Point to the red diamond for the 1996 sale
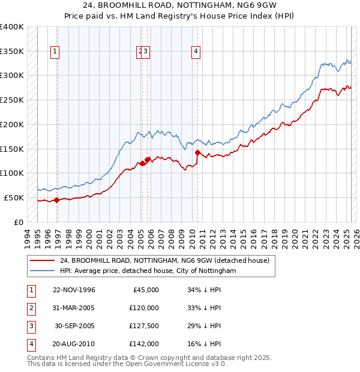point(57,200)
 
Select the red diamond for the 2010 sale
point(197,152)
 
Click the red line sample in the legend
point(42,260)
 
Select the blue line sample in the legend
point(42,271)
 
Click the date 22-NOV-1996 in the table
point(74,290)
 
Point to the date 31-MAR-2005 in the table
point(74,308)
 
